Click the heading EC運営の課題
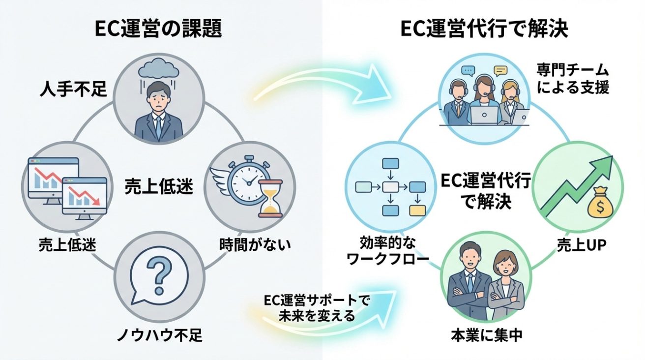click(x=158, y=30)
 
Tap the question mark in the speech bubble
click(x=158, y=275)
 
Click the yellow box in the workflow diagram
click(x=417, y=210)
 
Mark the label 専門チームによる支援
click(x=572, y=80)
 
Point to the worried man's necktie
click(x=158, y=126)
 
